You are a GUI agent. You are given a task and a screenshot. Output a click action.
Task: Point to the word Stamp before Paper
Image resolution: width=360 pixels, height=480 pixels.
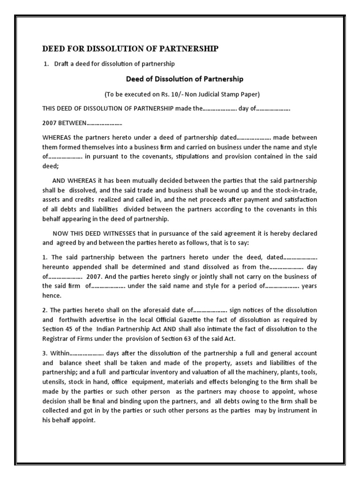click(x=233, y=94)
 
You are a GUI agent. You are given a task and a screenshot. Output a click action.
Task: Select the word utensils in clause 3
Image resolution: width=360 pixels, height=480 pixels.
click(x=53, y=382)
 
